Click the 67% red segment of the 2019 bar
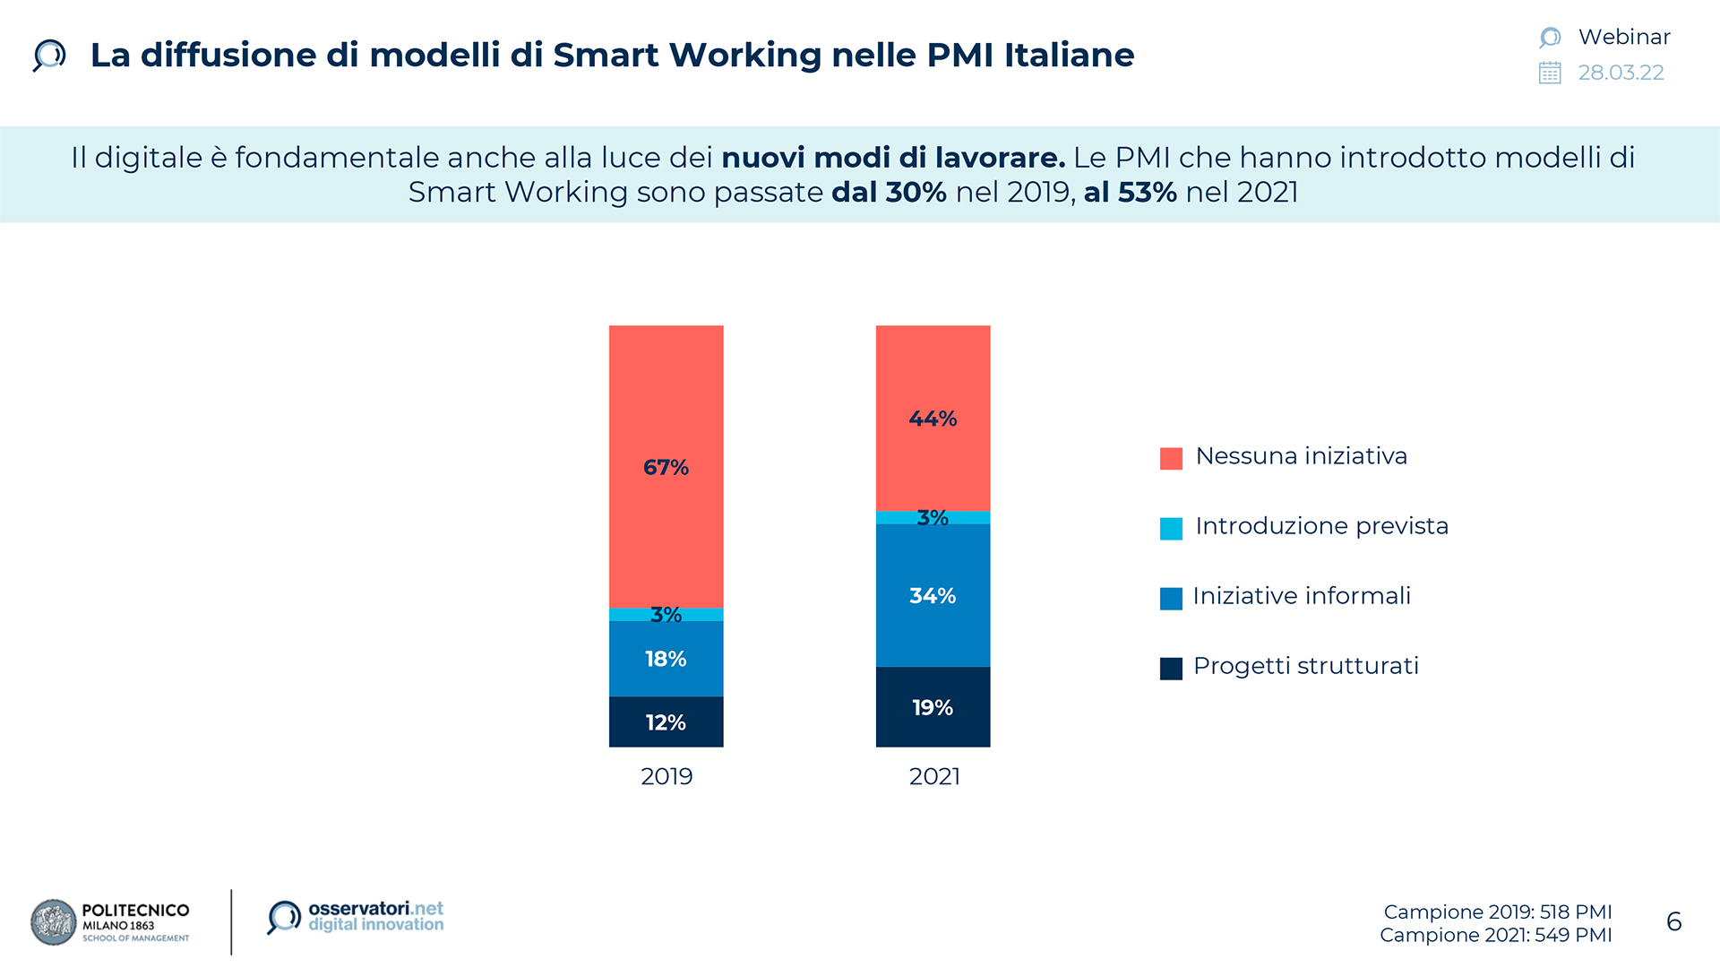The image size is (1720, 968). coord(666,466)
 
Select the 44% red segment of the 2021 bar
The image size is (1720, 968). coord(933,418)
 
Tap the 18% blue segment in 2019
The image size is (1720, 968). coord(666,659)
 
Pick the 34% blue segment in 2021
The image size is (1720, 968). coord(933,595)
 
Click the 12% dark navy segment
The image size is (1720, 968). coord(666,722)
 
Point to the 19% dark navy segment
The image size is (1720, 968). coord(933,707)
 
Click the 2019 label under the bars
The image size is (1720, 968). coord(666,776)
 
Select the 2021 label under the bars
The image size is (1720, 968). coord(934,776)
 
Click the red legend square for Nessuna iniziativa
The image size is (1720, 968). coord(1171,458)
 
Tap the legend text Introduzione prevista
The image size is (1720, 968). coord(1321,526)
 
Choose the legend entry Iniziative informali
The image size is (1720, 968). coord(1302,596)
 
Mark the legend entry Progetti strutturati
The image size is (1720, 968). coord(1305,666)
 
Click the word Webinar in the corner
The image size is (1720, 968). coord(1624,37)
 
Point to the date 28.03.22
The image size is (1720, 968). coord(1621,73)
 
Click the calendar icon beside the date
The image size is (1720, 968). coord(1550,73)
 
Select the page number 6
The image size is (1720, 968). coord(1673,921)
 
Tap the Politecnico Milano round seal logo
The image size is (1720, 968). coord(54,922)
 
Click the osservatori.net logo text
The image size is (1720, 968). coord(375,916)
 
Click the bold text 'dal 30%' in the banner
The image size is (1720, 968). coord(889,192)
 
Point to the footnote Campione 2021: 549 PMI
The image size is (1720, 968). coord(1495,935)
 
